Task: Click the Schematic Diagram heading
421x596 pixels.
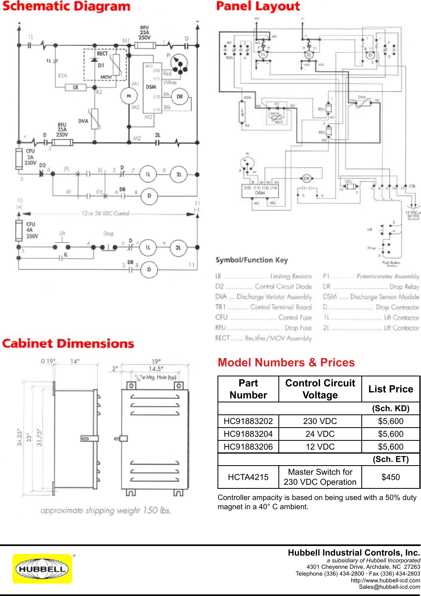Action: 66,7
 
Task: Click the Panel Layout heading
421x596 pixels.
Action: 258,6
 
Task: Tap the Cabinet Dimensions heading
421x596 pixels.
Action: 68,344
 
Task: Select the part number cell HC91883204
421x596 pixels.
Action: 248,434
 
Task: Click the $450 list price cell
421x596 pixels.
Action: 391,477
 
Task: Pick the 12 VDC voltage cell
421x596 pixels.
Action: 320,447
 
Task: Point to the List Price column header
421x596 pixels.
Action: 391,389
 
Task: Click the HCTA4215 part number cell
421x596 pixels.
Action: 248,477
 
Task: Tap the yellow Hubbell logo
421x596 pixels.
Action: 42,569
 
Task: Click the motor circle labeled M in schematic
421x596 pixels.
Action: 129,96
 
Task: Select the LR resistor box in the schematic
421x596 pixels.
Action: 76,87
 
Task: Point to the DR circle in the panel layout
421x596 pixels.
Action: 307,178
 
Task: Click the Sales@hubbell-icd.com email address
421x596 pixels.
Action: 389,587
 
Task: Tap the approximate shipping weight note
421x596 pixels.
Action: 106,510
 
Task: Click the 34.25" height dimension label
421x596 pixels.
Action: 19,438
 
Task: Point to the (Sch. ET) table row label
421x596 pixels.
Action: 391,459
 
